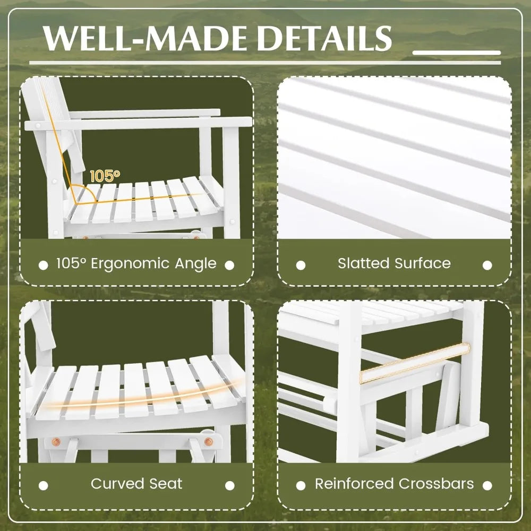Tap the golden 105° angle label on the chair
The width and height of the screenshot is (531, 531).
coord(105,176)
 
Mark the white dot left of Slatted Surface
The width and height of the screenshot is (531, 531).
coord(301,264)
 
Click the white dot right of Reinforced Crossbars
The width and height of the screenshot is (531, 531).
coord(487,485)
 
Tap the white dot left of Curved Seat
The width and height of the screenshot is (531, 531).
coord(44,485)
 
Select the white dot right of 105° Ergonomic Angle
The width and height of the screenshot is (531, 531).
coord(229,264)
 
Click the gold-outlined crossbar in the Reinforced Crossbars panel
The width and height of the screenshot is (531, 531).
coord(414,363)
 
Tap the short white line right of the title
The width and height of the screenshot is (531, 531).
coord(457,53)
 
